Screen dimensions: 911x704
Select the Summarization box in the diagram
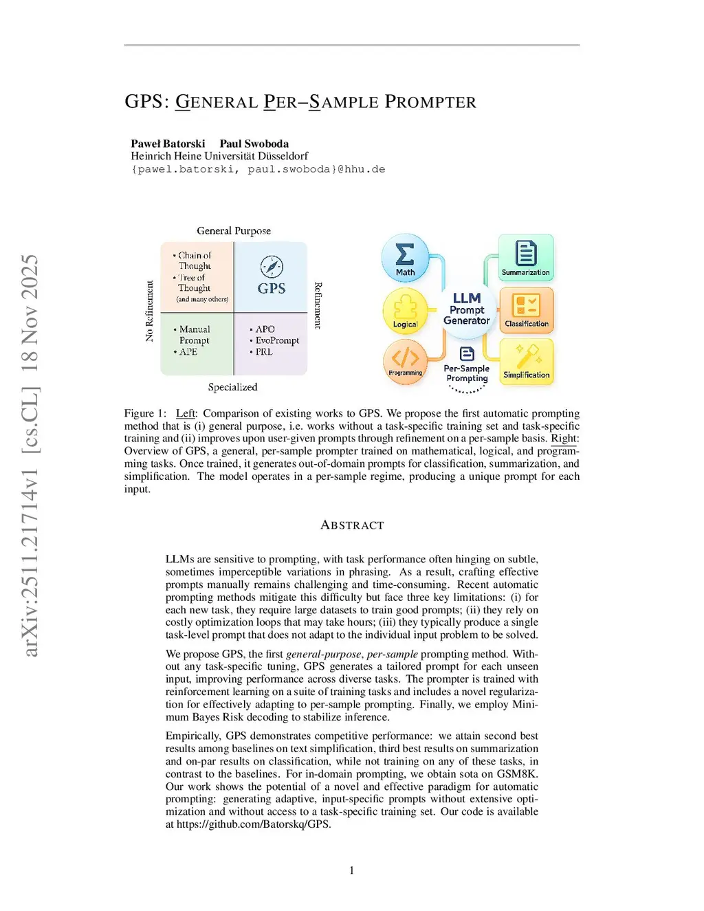(x=526, y=258)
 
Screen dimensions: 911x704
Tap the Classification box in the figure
(x=526, y=309)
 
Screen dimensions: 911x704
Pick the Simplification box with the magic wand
(x=526, y=362)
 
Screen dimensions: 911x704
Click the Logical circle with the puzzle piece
(x=405, y=311)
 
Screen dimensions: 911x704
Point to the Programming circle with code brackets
(x=405, y=362)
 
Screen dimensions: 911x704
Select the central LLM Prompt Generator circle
(x=467, y=309)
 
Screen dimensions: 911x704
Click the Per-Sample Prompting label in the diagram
(x=467, y=373)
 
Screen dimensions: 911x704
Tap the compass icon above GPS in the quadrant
(x=272, y=267)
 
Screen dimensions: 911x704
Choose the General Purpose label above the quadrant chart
(x=234, y=231)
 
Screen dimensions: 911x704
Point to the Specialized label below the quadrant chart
(x=233, y=387)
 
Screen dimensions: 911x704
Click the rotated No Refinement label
(x=149, y=311)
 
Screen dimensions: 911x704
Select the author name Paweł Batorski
(x=168, y=144)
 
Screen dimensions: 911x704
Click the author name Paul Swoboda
(x=254, y=144)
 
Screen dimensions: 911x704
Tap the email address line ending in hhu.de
(x=258, y=169)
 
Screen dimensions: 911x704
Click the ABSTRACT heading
(x=352, y=525)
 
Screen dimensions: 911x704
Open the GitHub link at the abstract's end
(x=254, y=824)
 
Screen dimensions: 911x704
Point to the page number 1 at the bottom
(x=352, y=870)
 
